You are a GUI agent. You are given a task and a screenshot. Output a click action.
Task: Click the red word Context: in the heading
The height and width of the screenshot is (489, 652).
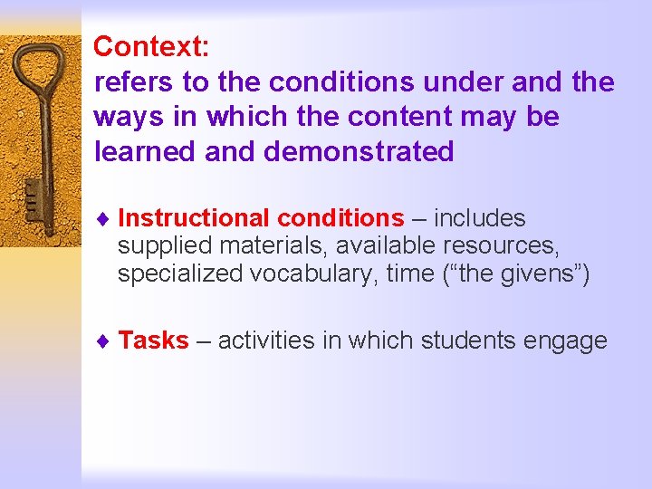click(151, 45)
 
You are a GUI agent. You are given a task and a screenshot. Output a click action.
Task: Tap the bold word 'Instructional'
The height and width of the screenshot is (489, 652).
click(194, 218)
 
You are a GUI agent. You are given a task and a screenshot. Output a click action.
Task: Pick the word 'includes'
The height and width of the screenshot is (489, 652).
click(480, 218)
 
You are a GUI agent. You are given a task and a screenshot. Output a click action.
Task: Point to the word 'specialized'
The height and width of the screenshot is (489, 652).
click(180, 273)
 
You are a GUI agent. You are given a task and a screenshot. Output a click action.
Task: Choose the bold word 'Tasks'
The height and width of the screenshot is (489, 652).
click(154, 340)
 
